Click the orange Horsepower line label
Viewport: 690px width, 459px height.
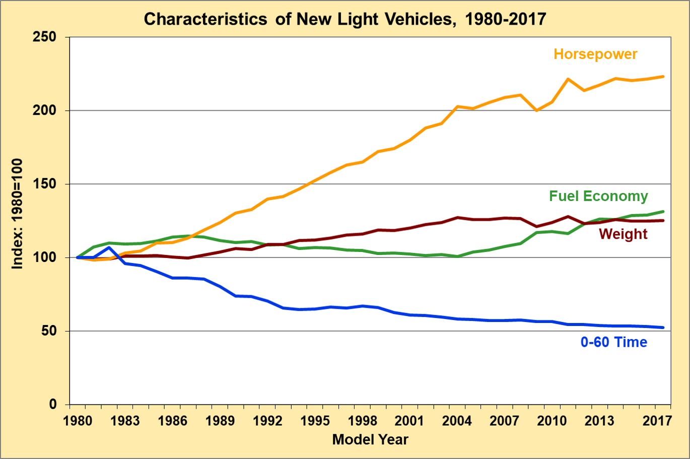[595, 54]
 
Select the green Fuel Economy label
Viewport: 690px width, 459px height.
[598, 196]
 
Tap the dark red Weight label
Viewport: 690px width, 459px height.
[623, 234]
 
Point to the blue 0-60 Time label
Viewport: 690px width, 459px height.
[613, 342]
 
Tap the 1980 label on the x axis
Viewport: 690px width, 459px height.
[78, 420]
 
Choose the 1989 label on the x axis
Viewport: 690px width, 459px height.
[220, 420]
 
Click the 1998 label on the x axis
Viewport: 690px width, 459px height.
[362, 420]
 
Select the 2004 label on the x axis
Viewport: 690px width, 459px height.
[457, 420]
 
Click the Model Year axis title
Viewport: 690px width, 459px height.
[370, 439]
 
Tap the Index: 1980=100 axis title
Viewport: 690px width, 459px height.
[18, 214]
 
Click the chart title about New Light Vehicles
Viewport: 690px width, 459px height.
[345, 19]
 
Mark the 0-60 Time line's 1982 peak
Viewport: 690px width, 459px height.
[109, 247]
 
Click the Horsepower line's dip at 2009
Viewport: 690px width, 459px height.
[536, 110]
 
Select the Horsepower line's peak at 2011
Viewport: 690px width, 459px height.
[568, 79]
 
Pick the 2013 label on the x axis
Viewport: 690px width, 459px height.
[599, 420]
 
